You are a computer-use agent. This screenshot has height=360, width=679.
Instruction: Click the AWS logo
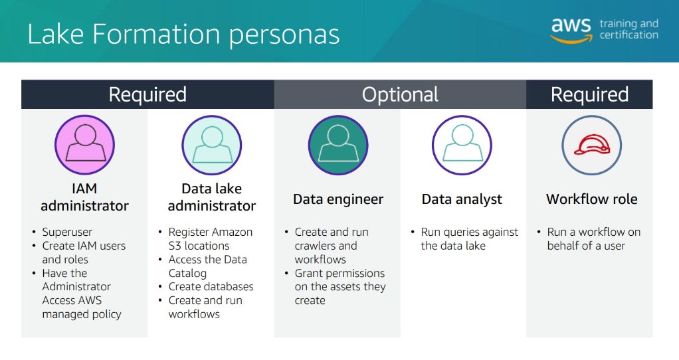pos(571,31)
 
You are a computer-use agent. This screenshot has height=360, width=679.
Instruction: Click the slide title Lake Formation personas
pos(183,35)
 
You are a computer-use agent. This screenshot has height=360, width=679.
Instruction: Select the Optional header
pos(400,94)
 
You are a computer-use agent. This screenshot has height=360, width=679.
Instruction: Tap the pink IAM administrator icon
pos(85,145)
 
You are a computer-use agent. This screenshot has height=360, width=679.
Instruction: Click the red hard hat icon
pos(591,145)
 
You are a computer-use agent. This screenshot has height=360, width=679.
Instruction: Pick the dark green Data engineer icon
pos(338,145)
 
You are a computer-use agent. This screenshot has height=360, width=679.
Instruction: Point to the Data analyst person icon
pos(462,145)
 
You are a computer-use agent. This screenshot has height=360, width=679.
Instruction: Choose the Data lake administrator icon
pos(212,145)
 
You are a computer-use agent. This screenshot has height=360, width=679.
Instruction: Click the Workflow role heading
pos(591,199)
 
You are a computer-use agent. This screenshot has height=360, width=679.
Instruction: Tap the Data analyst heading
pos(462,199)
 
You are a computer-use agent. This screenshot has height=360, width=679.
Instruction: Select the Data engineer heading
pos(338,199)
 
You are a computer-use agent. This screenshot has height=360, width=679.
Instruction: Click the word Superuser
pos(67,232)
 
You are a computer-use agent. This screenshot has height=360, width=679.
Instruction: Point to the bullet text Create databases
pos(211,286)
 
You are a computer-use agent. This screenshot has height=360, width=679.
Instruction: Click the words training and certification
pos(629,29)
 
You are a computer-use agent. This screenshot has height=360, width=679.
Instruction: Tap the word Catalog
pos(187,274)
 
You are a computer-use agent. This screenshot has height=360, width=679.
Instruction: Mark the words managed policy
pos(82,315)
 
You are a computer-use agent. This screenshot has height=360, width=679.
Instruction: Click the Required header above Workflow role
pos(589,94)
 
